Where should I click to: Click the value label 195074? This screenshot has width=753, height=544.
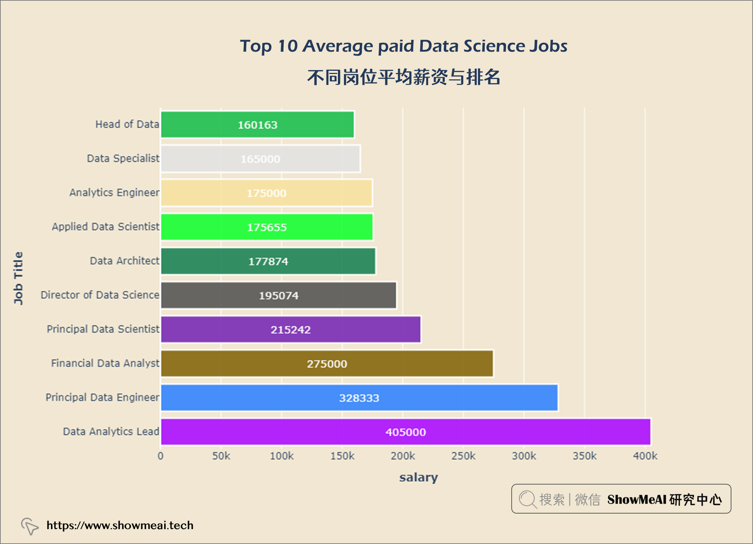278,296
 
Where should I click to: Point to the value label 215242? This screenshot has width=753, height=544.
291,330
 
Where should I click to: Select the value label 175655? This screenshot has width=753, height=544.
267,227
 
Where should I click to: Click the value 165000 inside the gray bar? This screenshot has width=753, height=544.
260,159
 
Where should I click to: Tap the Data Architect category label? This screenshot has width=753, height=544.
125,261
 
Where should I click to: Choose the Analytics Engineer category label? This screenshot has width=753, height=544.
114,193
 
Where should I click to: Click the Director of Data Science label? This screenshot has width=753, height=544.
100,295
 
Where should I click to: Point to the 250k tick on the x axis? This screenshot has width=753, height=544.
463,456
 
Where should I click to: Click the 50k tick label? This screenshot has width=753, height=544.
221,456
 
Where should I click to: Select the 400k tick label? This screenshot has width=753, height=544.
645,456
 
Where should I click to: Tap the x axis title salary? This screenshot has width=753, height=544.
419,477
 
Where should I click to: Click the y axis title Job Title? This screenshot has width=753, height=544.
18,278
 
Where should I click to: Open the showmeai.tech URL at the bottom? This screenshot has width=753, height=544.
120,525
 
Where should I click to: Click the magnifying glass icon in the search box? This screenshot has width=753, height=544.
528,499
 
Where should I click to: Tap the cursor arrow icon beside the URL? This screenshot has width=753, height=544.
30,526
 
